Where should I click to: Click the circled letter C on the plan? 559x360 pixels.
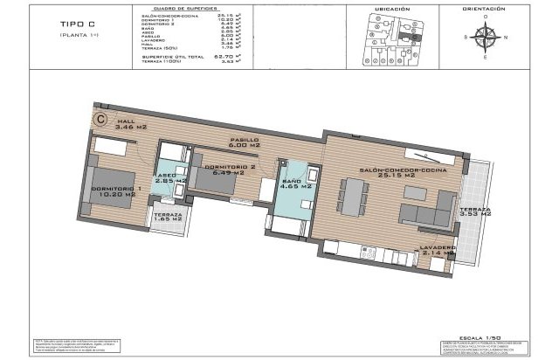[x=101, y=114]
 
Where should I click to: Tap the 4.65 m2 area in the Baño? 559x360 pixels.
[x=291, y=184]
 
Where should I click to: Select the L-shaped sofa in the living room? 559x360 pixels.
[x=422, y=210]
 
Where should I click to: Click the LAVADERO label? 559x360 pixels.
[x=437, y=247]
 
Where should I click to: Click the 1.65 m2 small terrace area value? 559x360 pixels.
[x=168, y=220]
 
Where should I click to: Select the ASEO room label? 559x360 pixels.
[x=165, y=174]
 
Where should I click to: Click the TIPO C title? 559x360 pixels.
[x=84, y=25]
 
